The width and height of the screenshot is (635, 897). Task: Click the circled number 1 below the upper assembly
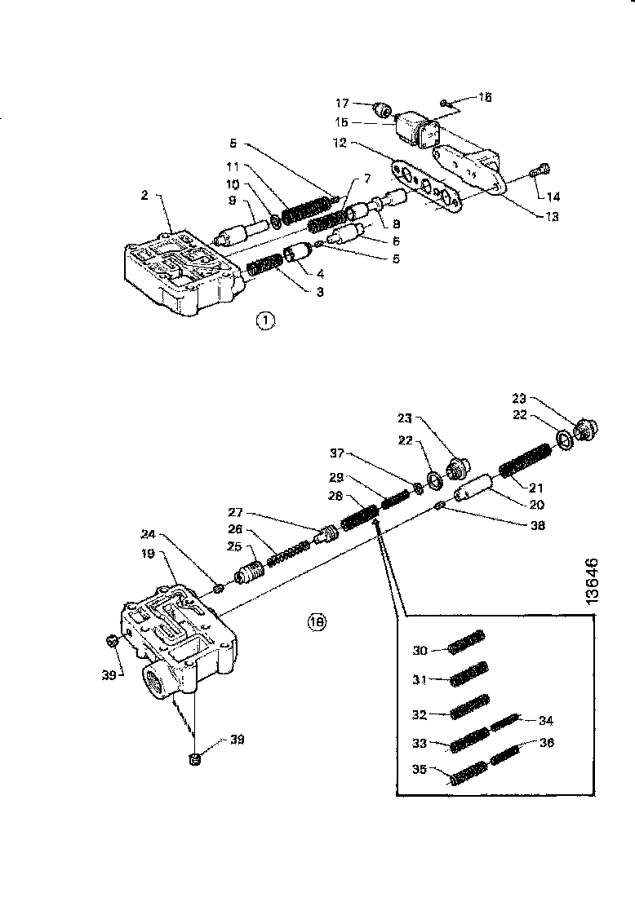265,321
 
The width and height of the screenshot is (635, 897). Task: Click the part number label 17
342,104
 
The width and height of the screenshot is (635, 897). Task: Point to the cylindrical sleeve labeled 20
473,490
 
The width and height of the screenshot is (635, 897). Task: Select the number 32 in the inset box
420,714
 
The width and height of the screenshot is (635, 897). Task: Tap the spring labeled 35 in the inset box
468,772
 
